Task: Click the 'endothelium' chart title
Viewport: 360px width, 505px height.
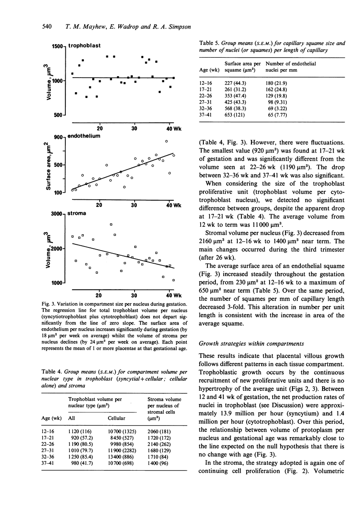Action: [x=84, y=136]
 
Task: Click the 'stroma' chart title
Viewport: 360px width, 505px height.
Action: [x=77, y=213]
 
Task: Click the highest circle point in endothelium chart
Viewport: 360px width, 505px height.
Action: [x=166, y=141]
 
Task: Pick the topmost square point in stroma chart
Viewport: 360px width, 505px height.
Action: [x=111, y=224]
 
